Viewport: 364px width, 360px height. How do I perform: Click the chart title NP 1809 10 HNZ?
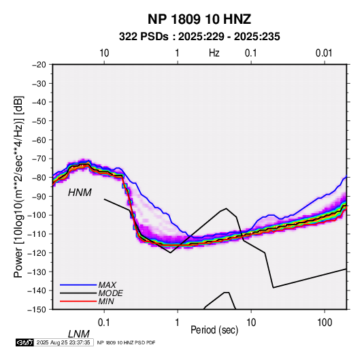point(199,19)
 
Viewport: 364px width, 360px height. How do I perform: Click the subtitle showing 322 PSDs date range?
point(199,37)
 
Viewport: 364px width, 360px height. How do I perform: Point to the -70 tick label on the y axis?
point(39,159)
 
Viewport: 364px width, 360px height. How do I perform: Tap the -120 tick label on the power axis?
point(37,252)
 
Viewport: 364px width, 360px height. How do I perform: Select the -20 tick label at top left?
point(39,65)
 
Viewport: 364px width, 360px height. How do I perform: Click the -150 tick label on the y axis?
point(37,310)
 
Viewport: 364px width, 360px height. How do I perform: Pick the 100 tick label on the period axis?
point(325,322)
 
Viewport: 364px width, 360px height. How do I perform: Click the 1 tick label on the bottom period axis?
point(178,322)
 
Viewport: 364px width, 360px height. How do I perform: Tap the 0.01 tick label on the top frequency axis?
point(324,53)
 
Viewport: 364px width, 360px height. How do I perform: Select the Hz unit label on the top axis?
point(214,53)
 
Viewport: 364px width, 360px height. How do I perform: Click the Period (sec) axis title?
point(214,330)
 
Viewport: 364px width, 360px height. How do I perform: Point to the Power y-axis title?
point(18,186)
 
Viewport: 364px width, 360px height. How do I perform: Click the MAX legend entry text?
point(107,284)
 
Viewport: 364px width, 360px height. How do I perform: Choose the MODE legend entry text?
point(110,293)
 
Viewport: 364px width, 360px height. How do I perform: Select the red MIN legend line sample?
point(78,301)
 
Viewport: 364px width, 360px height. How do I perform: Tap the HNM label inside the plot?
point(80,193)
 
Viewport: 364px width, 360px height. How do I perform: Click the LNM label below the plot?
point(78,334)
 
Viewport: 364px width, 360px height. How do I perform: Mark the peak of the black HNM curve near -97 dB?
point(226,208)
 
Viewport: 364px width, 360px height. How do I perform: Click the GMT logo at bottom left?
point(24,342)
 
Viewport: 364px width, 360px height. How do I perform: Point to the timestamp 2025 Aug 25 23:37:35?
point(63,342)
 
